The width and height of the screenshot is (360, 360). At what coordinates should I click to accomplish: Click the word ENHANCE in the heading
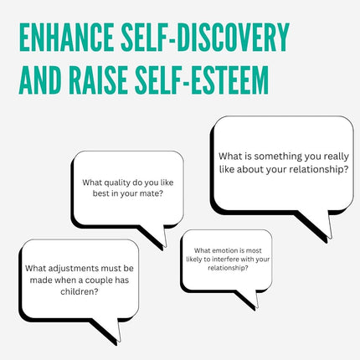tap(66, 37)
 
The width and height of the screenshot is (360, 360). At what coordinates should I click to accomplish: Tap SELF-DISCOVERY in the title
tap(205, 37)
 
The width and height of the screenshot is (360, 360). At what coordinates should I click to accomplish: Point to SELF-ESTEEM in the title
tap(202, 80)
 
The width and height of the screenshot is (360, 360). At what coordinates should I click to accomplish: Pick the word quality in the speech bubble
tap(115, 183)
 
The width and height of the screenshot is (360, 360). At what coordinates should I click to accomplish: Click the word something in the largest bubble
tap(278, 157)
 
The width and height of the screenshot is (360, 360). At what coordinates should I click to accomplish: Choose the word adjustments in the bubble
tap(74, 269)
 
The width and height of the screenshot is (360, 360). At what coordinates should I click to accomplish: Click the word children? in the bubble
tap(80, 291)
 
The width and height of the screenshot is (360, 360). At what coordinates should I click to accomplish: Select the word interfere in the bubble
tap(225, 260)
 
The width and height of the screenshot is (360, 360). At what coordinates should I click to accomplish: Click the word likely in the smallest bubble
tap(193, 260)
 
